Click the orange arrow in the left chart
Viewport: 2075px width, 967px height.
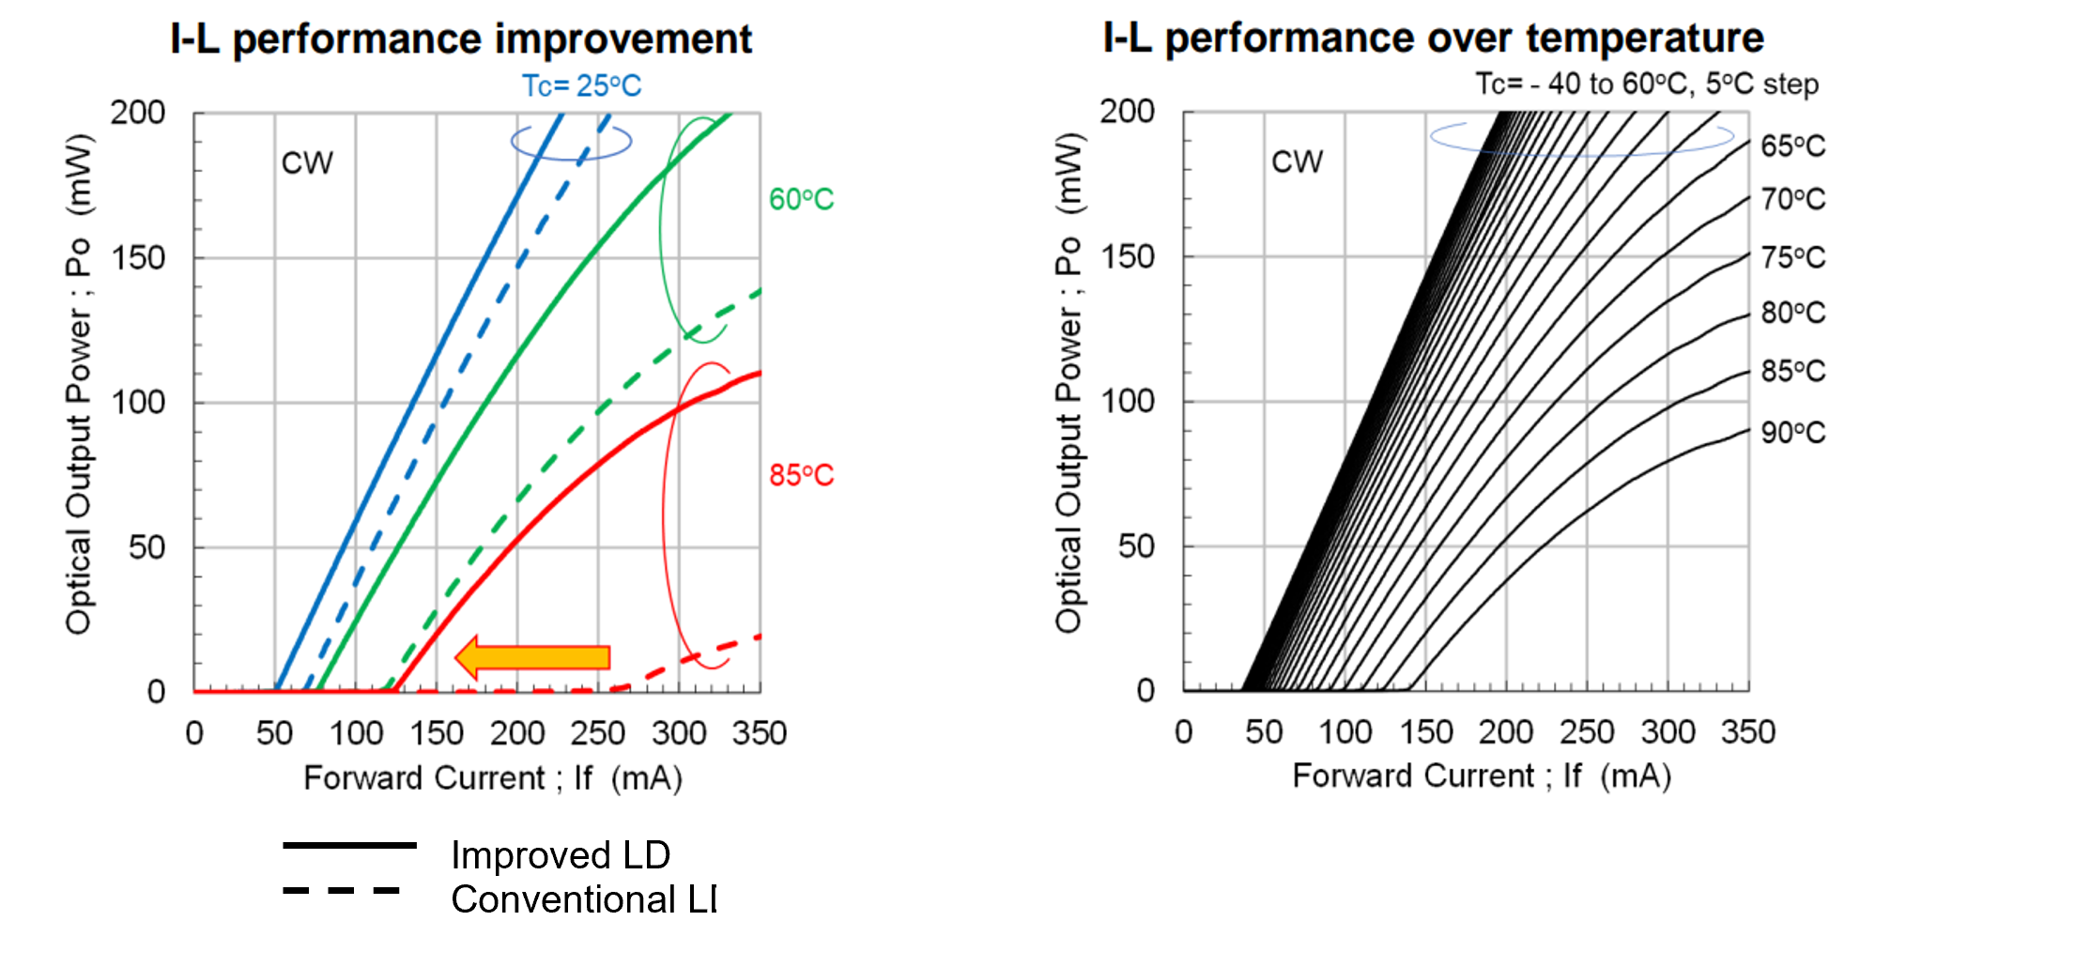click(533, 657)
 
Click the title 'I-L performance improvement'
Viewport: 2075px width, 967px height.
click(461, 39)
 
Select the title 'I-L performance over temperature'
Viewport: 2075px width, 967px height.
click(1433, 38)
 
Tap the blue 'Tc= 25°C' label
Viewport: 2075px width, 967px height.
click(581, 86)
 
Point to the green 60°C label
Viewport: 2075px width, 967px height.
click(801, 199)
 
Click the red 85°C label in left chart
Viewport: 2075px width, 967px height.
click(801, 475)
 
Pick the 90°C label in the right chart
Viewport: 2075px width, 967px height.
click(1792, 433)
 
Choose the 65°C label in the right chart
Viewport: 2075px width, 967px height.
click(1792, 146)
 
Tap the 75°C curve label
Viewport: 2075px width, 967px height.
click(1792, 257)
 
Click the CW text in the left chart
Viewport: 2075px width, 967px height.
click(307, 163)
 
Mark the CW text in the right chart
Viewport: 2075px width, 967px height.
click(1297, 161)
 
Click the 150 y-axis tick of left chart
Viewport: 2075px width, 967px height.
click(138, 257)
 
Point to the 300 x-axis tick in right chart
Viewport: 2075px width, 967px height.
click(1668, 732)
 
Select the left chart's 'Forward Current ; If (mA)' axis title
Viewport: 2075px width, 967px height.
click(493, 778)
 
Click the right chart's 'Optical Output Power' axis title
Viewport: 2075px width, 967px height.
click(1068, 383)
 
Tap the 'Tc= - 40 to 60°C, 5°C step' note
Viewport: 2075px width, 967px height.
click(1647, 84)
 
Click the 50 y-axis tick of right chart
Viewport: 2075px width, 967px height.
click(1136, 545)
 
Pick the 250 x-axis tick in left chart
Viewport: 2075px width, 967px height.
click(598, 733)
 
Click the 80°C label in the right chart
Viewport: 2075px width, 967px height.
click(1792, 313)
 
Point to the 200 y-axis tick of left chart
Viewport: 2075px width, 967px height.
click(138, 113)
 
